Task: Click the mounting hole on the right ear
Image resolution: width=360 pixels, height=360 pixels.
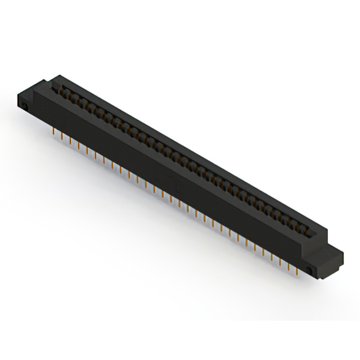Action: point(310,269)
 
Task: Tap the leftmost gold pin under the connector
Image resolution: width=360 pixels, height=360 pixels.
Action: point(53,131)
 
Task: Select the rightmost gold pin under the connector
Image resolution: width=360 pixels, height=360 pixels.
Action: point(297,272)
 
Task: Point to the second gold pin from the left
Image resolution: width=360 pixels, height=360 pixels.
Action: point(62,136)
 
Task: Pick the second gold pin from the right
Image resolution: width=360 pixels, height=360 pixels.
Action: point(288,267)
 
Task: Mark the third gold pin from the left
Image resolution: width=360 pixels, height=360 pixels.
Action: point(70,141)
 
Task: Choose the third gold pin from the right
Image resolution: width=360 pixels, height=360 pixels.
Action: point(280,262)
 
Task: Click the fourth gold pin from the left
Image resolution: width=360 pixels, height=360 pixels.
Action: point(79,146)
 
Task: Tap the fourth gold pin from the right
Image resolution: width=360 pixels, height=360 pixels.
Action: point(272,257)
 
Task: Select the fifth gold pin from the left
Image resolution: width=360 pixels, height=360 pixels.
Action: point(87,151)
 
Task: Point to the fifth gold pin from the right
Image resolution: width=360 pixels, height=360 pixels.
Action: point(263,252)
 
